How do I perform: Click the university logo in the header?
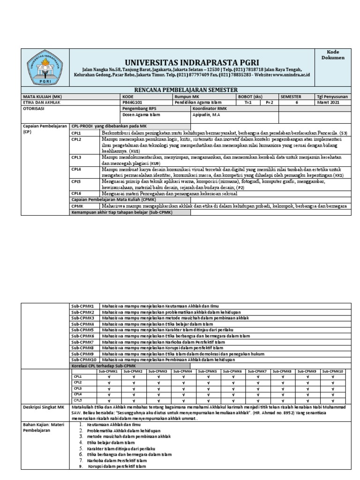tap(45, 67)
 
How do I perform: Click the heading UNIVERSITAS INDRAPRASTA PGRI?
tap(191, 63)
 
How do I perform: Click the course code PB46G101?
tap(134, 102)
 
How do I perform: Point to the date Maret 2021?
tap(328, 102)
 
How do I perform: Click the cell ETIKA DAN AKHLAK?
tap(41, 102)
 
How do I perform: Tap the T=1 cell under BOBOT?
tap(248, 102)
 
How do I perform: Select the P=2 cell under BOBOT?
tap(269, 102)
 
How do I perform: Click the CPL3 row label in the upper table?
tap(76, 157)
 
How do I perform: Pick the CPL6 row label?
tap(76, 193)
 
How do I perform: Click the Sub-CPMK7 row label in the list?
tap(82, 342)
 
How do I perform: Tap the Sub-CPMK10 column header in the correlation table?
tap(333, 371)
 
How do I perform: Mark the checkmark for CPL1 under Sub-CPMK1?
tap(109, 376)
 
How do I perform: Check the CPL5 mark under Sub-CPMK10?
tap(333, 401)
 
